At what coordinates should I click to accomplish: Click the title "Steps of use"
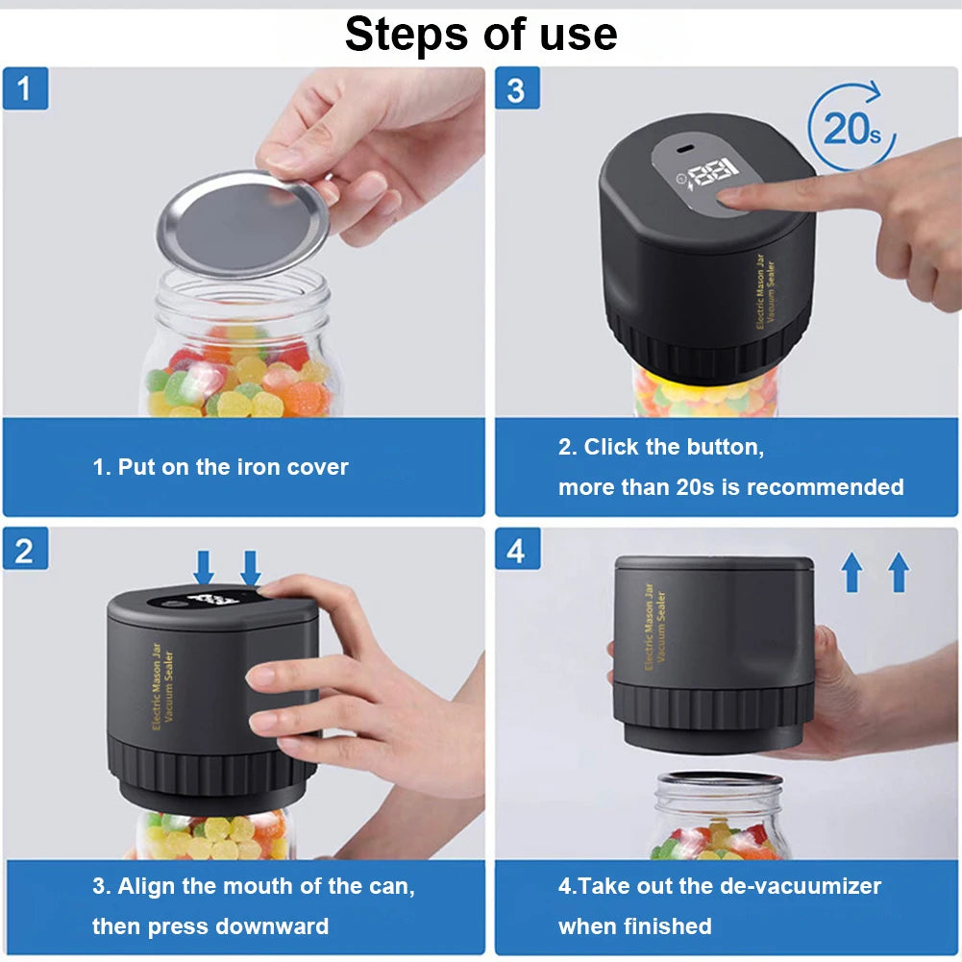481,35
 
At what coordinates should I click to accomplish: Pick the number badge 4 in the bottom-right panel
516,549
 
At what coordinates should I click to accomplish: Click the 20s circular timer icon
851,127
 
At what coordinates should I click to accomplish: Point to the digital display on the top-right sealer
708,174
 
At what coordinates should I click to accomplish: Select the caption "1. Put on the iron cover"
220,468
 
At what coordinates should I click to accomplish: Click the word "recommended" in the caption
825,487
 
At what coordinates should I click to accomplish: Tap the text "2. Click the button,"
660,447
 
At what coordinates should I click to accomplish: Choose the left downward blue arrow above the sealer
204,567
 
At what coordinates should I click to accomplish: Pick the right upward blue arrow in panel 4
899,573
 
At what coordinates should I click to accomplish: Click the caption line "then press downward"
210,926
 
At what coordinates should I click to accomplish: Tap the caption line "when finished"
634,926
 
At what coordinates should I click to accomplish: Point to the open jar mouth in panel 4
719,780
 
